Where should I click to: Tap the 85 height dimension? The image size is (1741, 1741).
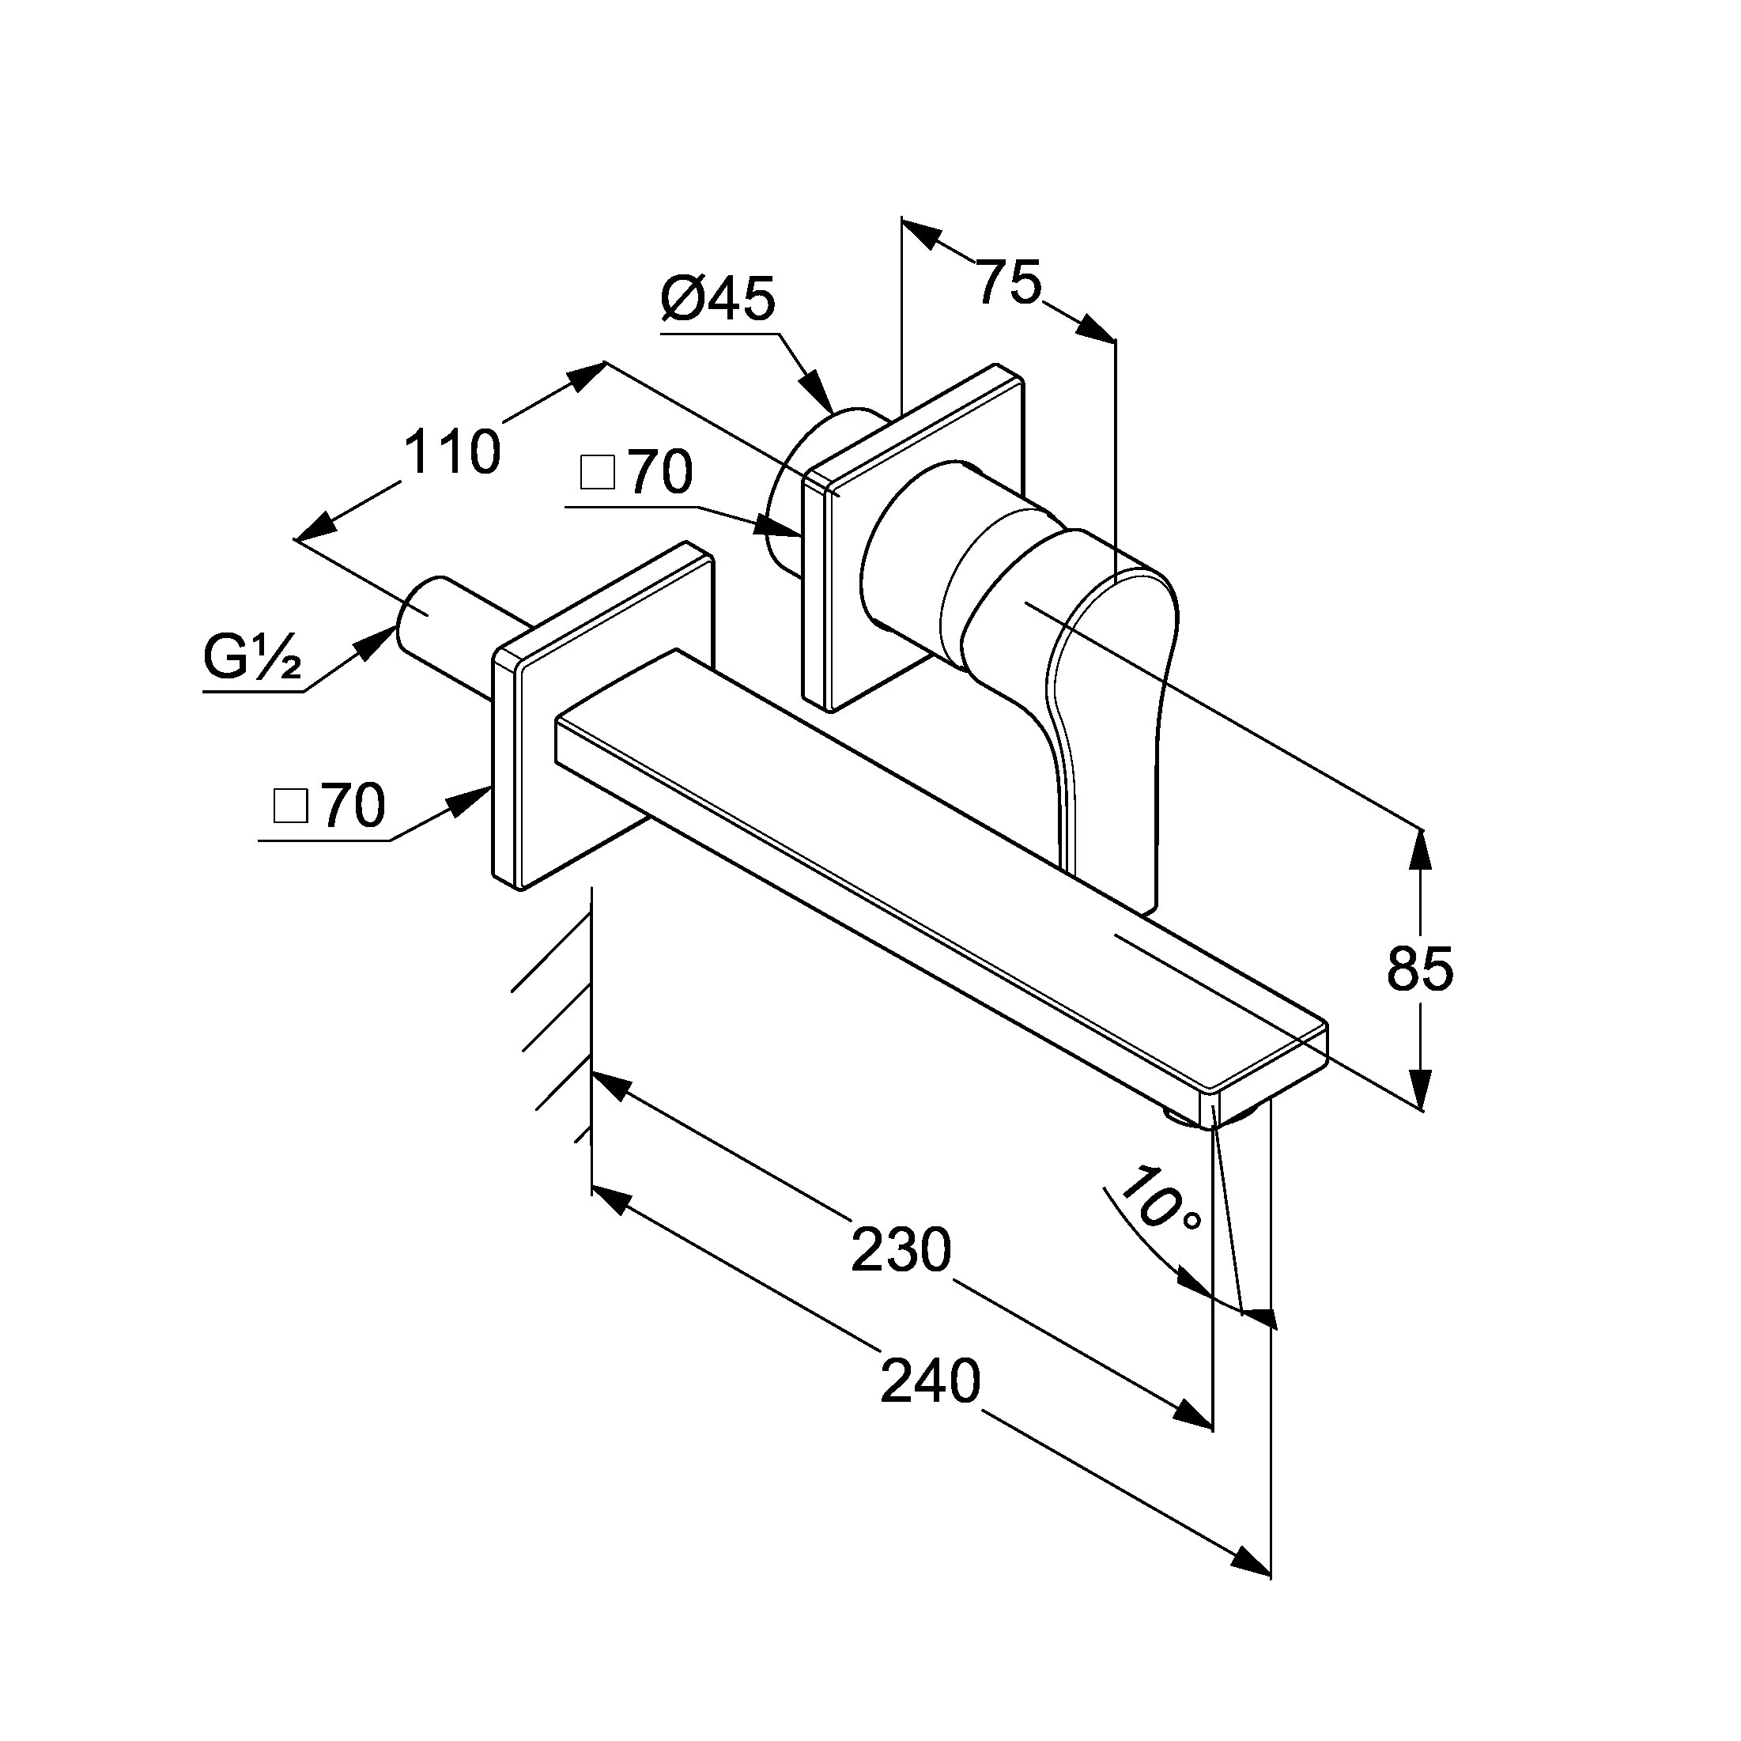click(x=1420, y=969)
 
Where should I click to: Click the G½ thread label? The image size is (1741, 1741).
click(x=251, y=659)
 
